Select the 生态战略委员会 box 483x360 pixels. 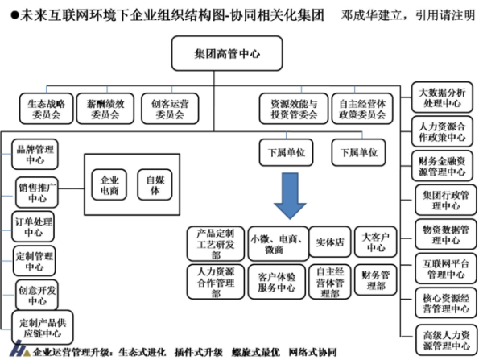(46, 109)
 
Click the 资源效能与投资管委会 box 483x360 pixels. (288, 109)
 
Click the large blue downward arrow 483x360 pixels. (289, 192)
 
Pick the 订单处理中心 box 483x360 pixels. (36, 226)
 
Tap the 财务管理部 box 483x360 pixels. (377, 281)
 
